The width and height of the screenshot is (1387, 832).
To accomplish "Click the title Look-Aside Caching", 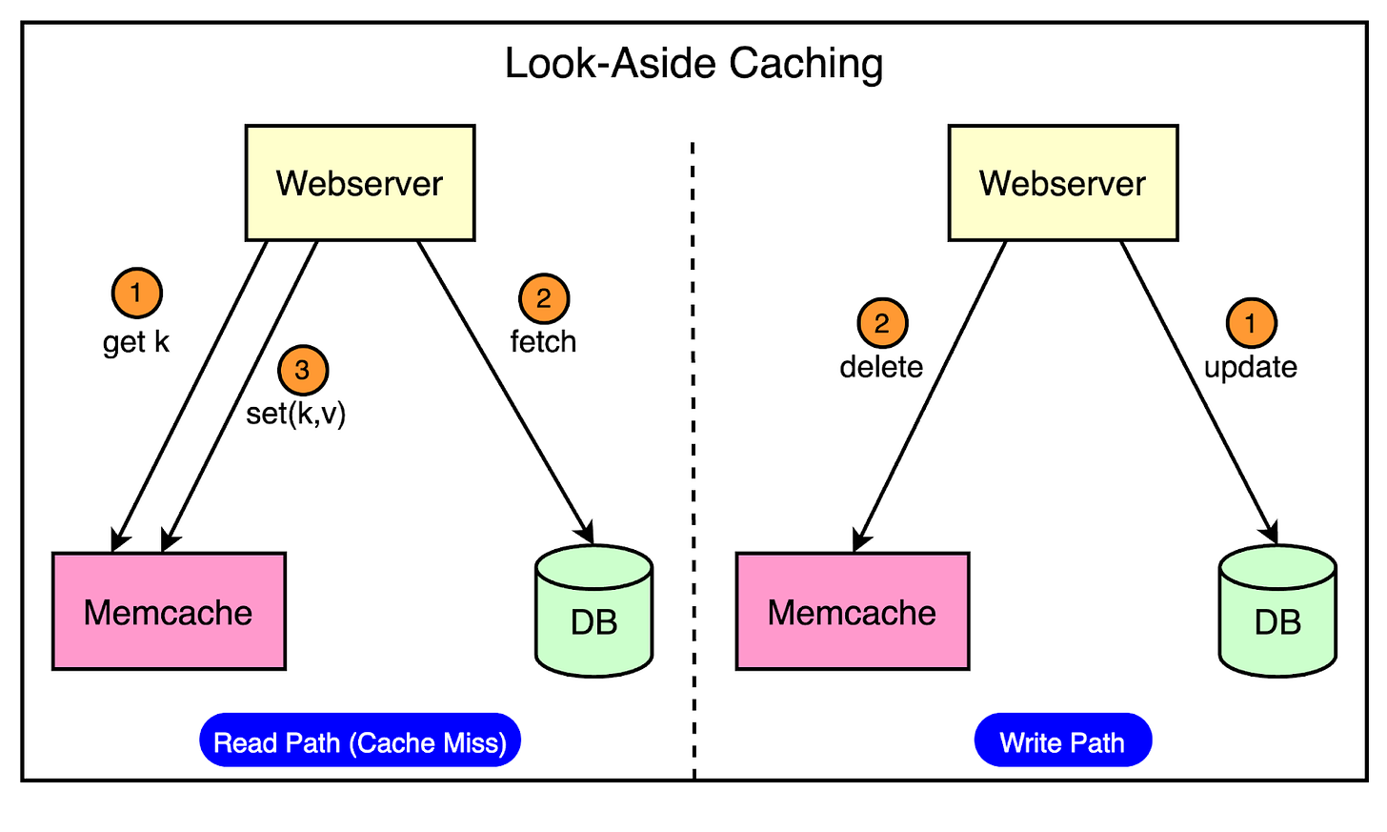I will [693, 64].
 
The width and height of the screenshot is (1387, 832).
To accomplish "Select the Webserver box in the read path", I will [360, 183].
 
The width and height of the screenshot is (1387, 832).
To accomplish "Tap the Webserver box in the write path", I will [1063, 183].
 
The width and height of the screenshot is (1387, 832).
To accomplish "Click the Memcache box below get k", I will [169, 612].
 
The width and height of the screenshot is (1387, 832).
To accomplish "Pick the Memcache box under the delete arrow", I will [853, 612].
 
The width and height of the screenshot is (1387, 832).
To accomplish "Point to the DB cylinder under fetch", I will [594, 615].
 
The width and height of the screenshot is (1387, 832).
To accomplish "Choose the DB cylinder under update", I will [1277, 615].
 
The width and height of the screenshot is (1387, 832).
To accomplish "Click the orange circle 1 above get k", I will [136, 293].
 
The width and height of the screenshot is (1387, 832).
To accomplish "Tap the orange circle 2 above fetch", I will [544, 298].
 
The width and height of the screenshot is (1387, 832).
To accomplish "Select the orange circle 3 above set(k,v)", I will [303, 370].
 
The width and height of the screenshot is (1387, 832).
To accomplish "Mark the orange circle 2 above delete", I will [882, 323].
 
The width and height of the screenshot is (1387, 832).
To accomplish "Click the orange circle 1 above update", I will [1251, 323].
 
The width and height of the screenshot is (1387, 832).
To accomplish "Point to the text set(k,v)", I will [296, 414].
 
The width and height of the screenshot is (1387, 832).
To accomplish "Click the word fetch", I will [543, 341].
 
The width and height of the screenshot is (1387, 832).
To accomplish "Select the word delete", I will [881, 367].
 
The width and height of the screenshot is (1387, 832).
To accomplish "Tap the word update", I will [1251, 367].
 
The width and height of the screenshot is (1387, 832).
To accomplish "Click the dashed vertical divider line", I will [693, 457].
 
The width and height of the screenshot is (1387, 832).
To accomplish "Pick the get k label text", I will [136, 342].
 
